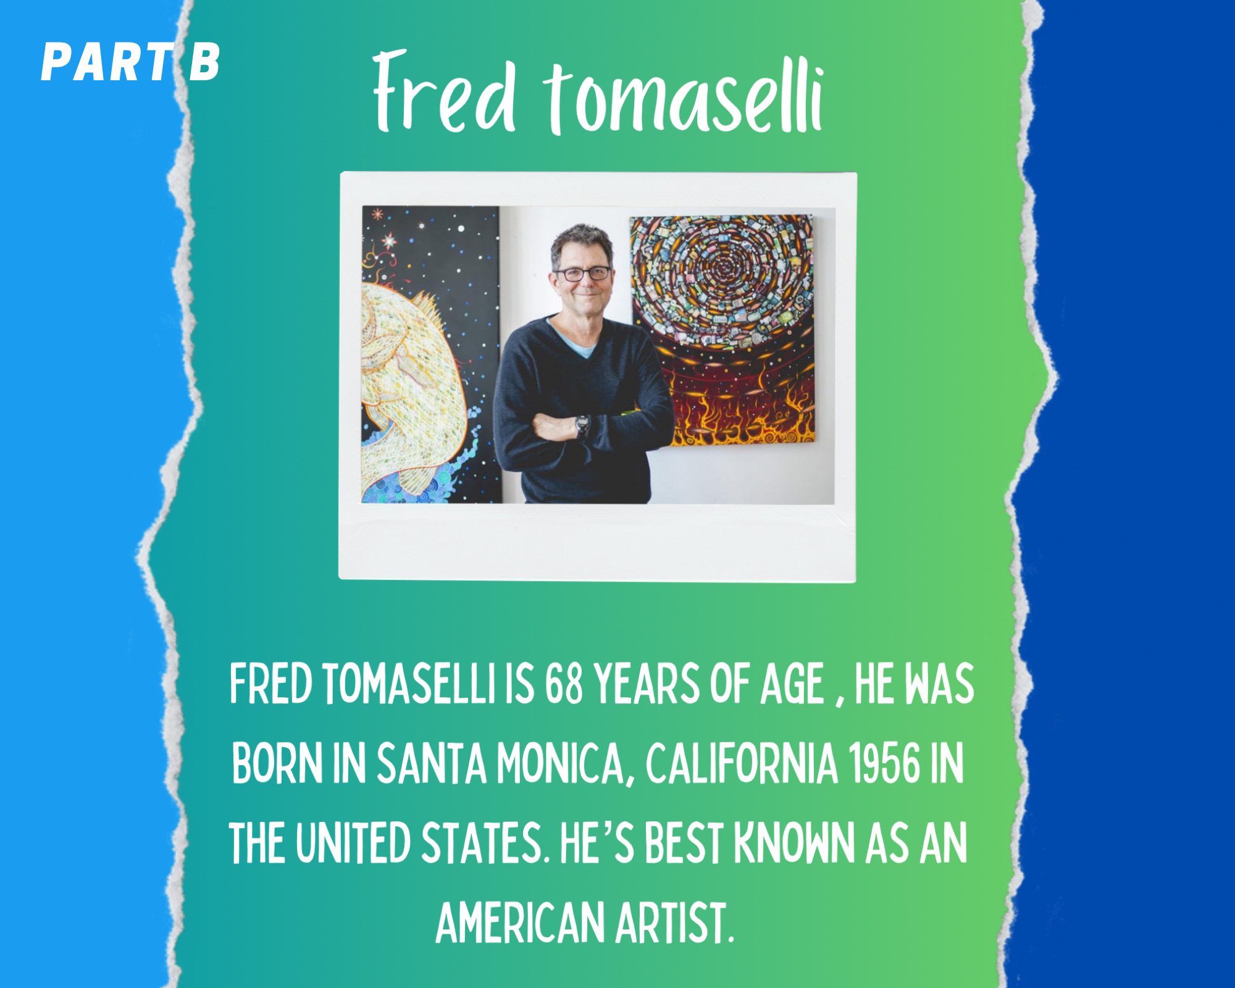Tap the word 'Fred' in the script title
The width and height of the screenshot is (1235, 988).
point(444,93)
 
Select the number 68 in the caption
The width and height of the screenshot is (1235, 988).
point(563,685)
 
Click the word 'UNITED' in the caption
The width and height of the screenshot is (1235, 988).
point(352,843)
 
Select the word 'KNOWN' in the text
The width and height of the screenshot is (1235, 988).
point(793,843)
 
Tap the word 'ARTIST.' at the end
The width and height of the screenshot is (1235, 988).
point(674,922)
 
